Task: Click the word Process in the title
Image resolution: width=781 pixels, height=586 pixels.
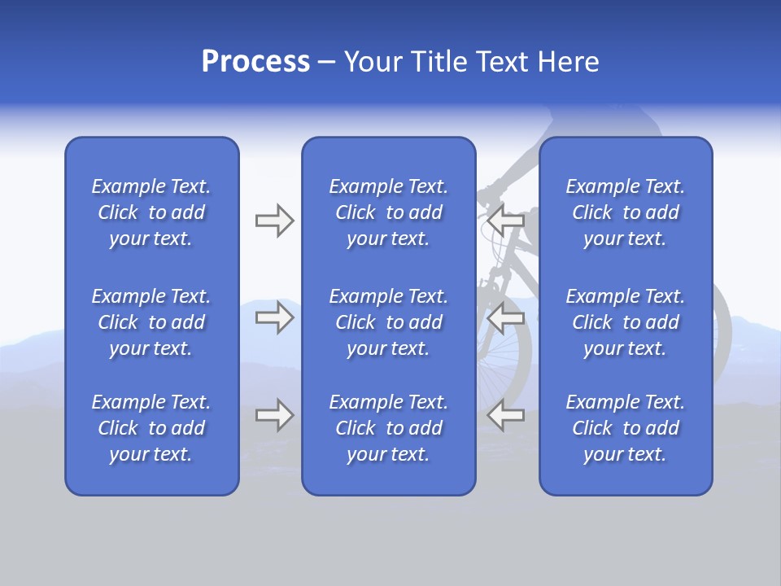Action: (x=255, y=62)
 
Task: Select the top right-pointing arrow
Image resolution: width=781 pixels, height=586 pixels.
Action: (x=274, y=221)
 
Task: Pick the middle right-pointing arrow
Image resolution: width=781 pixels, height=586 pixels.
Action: (x=274, y=317)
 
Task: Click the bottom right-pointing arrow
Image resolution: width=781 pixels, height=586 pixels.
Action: (x=274, y=415)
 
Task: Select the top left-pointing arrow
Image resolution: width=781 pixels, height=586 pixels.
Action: (x=505, y=221)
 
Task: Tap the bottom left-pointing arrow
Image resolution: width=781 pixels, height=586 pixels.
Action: (x=505, y=415)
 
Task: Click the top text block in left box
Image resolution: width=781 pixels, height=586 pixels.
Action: (x=151, y=212)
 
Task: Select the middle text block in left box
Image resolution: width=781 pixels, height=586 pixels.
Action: (x=151, y=322)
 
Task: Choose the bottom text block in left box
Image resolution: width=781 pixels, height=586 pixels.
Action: (x=151, y=428)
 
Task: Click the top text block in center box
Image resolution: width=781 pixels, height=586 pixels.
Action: (x=388, y=212)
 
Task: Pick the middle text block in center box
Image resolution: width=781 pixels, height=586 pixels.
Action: (x=388, y=322)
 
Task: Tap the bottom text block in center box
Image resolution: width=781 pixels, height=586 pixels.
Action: (x=388, y=428)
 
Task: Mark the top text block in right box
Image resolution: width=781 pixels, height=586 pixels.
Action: (x=625, y=212)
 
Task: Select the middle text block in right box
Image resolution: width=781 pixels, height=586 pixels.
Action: (x=625, y=322)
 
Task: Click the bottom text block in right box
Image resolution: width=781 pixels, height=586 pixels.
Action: (x=625, y=428)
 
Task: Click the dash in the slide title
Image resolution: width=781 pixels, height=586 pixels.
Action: (x=327, y=63)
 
